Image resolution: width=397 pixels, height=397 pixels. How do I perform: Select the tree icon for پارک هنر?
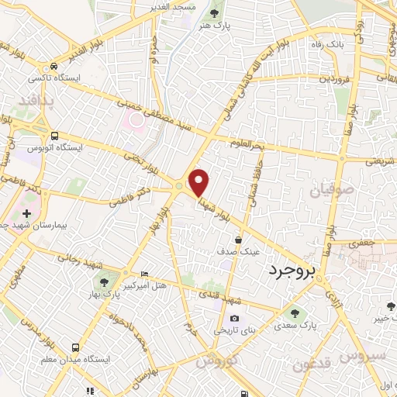(x=214, y=12)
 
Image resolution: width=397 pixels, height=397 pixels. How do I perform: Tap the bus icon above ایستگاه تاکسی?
(x=53, y=67)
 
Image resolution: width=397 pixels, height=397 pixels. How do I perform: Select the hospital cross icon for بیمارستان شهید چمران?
(x=26, y=212)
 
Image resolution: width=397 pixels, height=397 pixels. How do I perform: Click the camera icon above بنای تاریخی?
(x=234, y=319)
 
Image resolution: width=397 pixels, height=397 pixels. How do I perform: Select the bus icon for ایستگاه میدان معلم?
(x=75, y=348)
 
